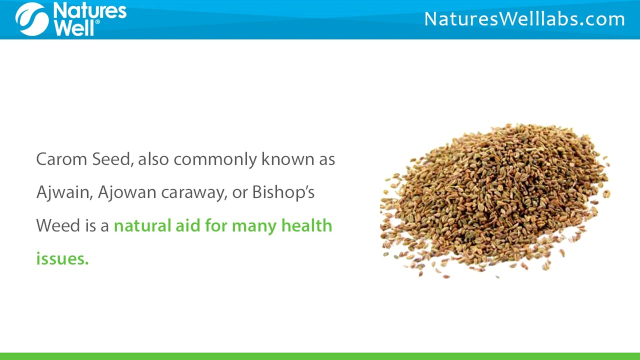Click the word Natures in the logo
(x=89, y=10)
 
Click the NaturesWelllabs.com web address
(x=524, y=19)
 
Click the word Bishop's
(x=283, y=193)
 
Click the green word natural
(x=141, y=225)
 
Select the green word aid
(x=187, y=225)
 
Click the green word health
(x=306, y=225)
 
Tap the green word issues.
(x=62, y=258)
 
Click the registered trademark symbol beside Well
(x=97, y=22)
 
